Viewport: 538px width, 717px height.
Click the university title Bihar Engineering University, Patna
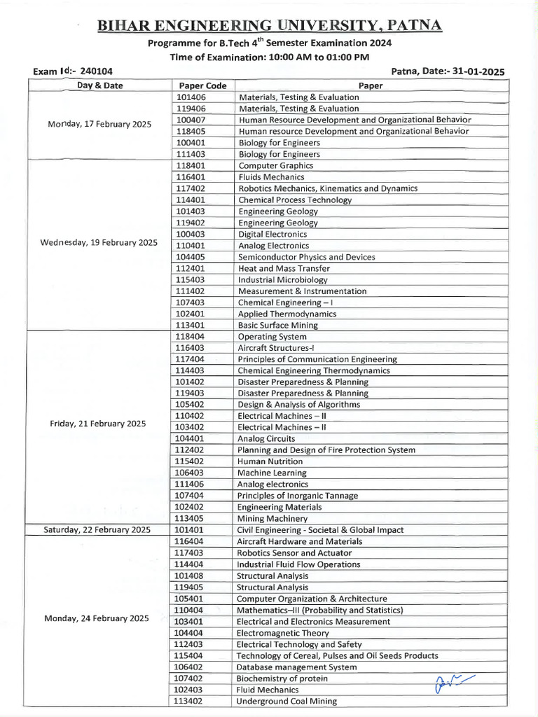pos(270,26)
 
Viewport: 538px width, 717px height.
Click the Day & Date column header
pos(99,85)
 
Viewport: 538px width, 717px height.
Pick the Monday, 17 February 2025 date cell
pos(99,124)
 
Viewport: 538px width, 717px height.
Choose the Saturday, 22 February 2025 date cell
pos(97,530)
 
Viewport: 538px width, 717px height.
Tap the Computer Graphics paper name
pos(276,166)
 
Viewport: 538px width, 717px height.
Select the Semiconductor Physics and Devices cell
pos(306,257)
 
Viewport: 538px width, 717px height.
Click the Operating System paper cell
pos(273,337)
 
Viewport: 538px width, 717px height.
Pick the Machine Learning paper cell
pos(272,473)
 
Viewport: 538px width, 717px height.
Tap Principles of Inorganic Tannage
pos(297,496)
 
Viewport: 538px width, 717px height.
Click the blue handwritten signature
pos(453,681)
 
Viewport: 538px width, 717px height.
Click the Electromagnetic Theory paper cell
pos(282,633)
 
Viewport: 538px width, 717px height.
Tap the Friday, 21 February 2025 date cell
pos(97,424)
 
